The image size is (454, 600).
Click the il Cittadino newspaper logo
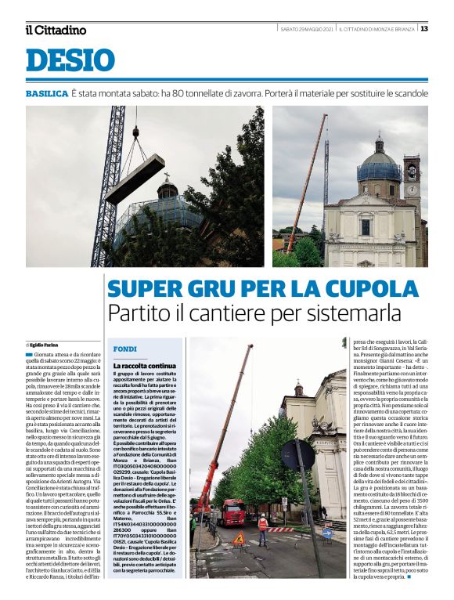55,30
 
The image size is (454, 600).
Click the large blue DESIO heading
70,60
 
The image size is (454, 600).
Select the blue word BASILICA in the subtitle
46,93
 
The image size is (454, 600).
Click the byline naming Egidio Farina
48,345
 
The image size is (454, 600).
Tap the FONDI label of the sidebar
125,349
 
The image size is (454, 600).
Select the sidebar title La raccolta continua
145,366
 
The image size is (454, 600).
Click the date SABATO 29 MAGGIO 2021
308,29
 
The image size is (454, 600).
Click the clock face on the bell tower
412,190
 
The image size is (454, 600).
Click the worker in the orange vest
263,527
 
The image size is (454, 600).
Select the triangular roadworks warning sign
239,538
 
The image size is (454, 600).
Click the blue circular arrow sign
326,533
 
